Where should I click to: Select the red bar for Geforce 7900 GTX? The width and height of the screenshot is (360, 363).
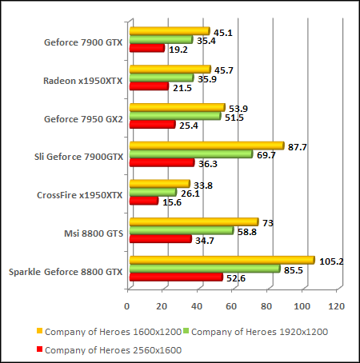[x=146, y=49]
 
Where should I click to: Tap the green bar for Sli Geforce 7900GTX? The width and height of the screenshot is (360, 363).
[x=190, y=154]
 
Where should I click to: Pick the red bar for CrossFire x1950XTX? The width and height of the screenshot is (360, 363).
[x=143, y=201]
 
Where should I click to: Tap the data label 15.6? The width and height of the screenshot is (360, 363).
[x=172, y=202]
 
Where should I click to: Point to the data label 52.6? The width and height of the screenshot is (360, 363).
[x=236, y=278]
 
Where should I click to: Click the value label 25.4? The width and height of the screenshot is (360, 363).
[x=189, y=126]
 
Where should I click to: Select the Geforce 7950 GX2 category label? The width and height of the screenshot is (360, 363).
[x=84, y=118]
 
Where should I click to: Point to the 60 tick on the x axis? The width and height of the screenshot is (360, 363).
[x=232, y=305]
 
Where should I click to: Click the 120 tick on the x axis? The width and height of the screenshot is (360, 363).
[x=337, y=305]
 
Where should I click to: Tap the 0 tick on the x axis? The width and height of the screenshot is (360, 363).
[x=128, y=305]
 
